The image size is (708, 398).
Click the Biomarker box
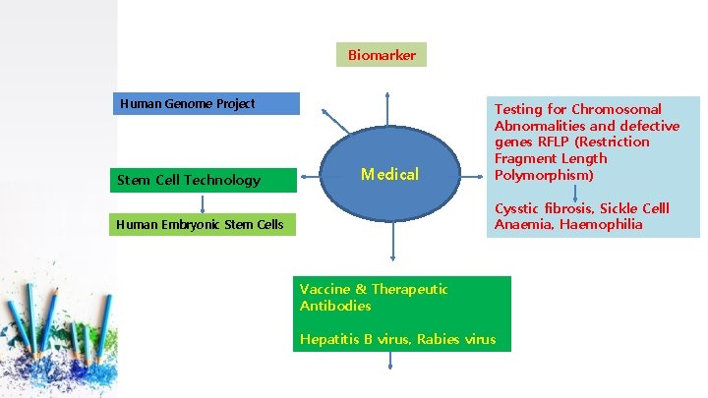tap(382, 55)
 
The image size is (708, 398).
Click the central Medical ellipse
tap(389, 174)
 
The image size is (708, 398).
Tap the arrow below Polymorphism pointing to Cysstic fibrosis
tap(576, 192)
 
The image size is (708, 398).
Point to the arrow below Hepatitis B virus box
tap(391, 361)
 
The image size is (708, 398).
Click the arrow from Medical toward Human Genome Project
tap(336, 119)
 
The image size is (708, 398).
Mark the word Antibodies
tap(335, 306)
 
